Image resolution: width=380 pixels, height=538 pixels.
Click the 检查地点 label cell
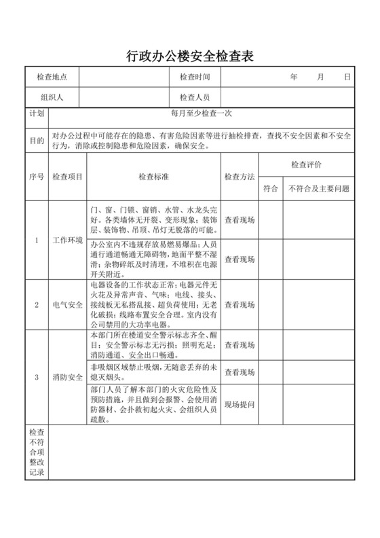[x=52, y=77]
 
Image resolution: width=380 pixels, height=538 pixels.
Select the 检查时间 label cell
[x=195, y=77]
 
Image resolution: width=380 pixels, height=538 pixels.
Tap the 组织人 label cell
[x=52, y=97]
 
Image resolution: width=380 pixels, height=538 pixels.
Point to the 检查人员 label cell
[x=195, y=97]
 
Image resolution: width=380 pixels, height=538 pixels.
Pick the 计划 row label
[x=37, y=115]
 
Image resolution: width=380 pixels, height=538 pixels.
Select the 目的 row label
[x=37, y=141]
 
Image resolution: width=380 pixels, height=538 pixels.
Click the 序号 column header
[x=37, y=177]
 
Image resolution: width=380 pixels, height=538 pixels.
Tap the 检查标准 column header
[x=153, y=177]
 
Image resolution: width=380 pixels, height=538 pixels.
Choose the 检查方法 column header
[x=239, y=177]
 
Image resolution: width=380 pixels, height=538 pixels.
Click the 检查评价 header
[x=306, y=165]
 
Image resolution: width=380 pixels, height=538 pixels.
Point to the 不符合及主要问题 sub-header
[x=319, y=188]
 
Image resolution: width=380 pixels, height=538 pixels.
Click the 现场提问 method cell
[x=239, y=405]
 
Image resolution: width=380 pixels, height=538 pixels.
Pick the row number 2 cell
[x=37, y=305]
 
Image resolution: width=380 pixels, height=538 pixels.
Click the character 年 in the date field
[x=294, y=77]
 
